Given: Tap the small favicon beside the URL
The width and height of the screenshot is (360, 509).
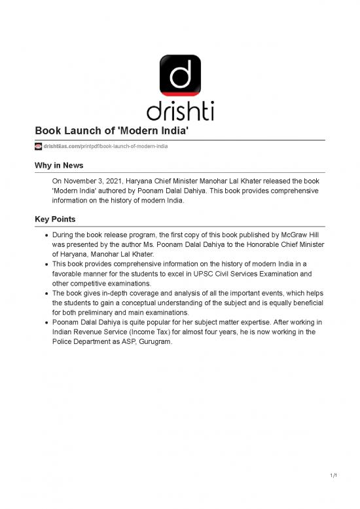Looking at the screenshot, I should click(x=38, y=146).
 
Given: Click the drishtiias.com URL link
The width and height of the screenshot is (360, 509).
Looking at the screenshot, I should click(x=105, y=146).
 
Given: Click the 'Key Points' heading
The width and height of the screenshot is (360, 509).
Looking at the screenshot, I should click(x=56, y=218).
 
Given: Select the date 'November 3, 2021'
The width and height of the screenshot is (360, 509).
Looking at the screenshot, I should click(x=92, y=181).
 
